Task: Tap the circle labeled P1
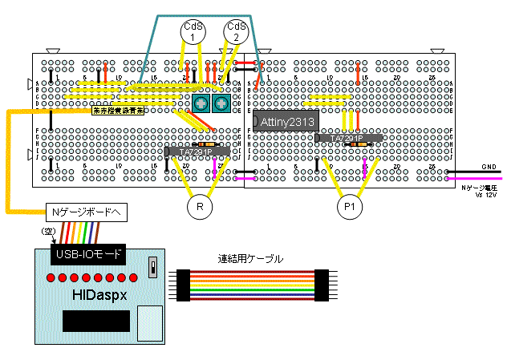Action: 348,208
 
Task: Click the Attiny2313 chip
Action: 286,121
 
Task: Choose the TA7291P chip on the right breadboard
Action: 347,138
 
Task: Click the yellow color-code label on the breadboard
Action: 117,113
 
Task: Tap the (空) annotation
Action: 47,231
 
